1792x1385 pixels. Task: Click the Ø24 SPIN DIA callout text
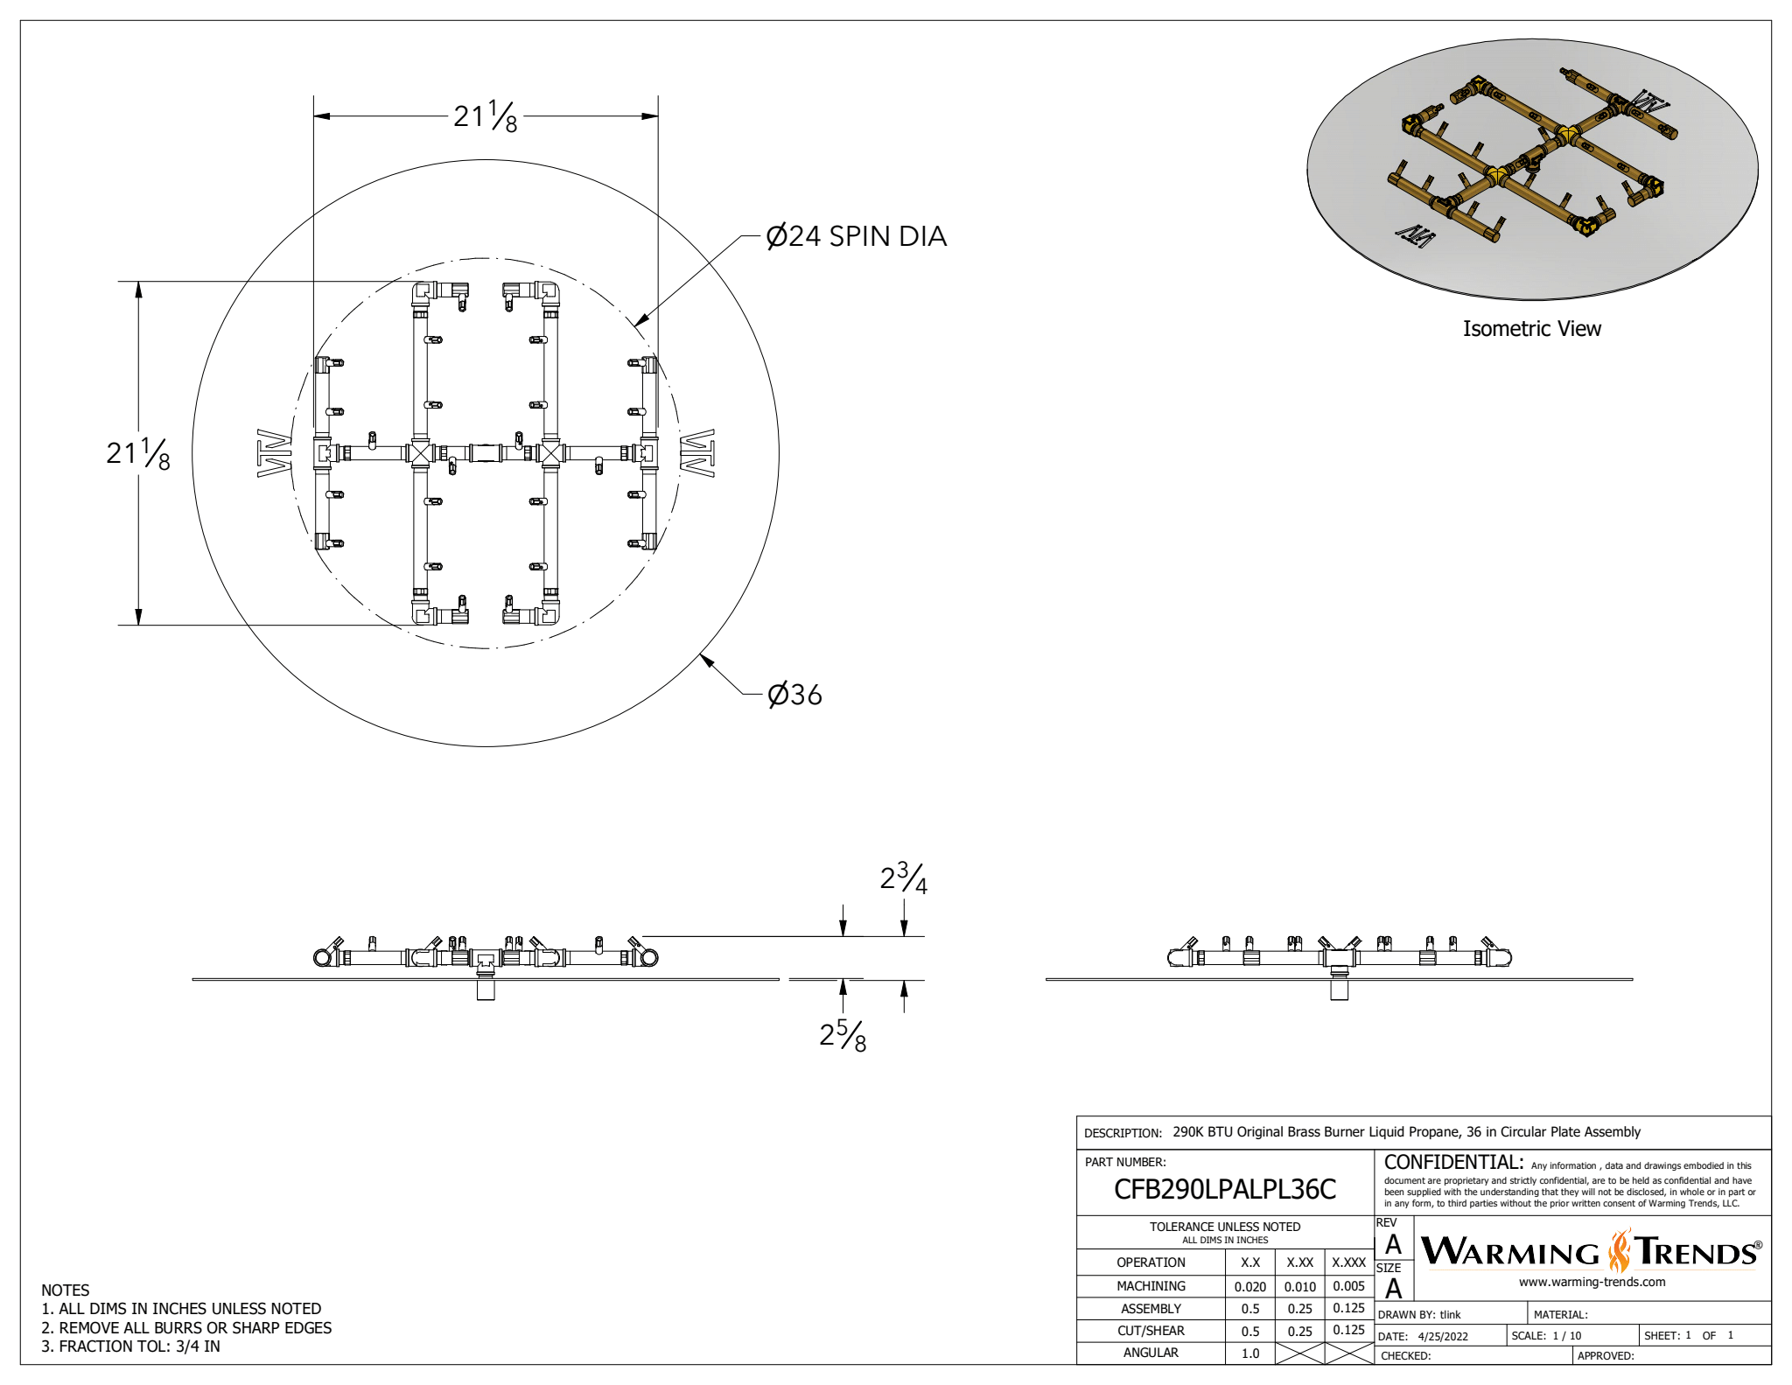pyautogui.click(x=856, y=236)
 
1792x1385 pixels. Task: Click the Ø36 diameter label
pyautogui.click(x=794, y=695)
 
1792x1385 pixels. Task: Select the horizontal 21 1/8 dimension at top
pyautogui.click(x=485, y=116)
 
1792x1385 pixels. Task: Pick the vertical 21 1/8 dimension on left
pyautogui.click(x=137, y=453)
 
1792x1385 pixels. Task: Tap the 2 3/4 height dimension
pyautogui.click(x=903, y=878)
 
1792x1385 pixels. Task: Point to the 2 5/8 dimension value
pyautogui.click(x=843, y=1036)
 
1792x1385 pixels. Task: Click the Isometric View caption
pyautogui.click(x=1531, y=329)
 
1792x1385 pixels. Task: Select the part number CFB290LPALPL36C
pyautogui.click(x=1224, y=1189)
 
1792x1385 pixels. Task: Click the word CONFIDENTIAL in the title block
pyautogui.click(x=1452, y=1163)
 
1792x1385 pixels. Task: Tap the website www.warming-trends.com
pyautogui.click(x=1592, y=1282)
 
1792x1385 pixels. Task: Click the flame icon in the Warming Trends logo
pyautogui.click(x=1620, y=1251)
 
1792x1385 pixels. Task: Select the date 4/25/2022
pyautogui.click(x=1443, y=1336)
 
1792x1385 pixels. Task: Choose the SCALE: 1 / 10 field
pyautogui.click(x=1547, y=1336)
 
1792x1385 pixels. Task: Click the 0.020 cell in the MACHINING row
pyautogui.click(x=1249, y=1286)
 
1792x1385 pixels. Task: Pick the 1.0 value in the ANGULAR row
pyautogui.click(x=1249, y=1353)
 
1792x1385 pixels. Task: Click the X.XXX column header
pyautogui.click(x=1348, y=1263)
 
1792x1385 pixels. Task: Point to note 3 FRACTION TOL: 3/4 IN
pyautogui.click(x=131, y=1347)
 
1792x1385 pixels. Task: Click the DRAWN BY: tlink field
pyautogui.click(x=1419, y=1314)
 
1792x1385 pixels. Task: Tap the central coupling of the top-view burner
pyautogui.click(x=485, y=453)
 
